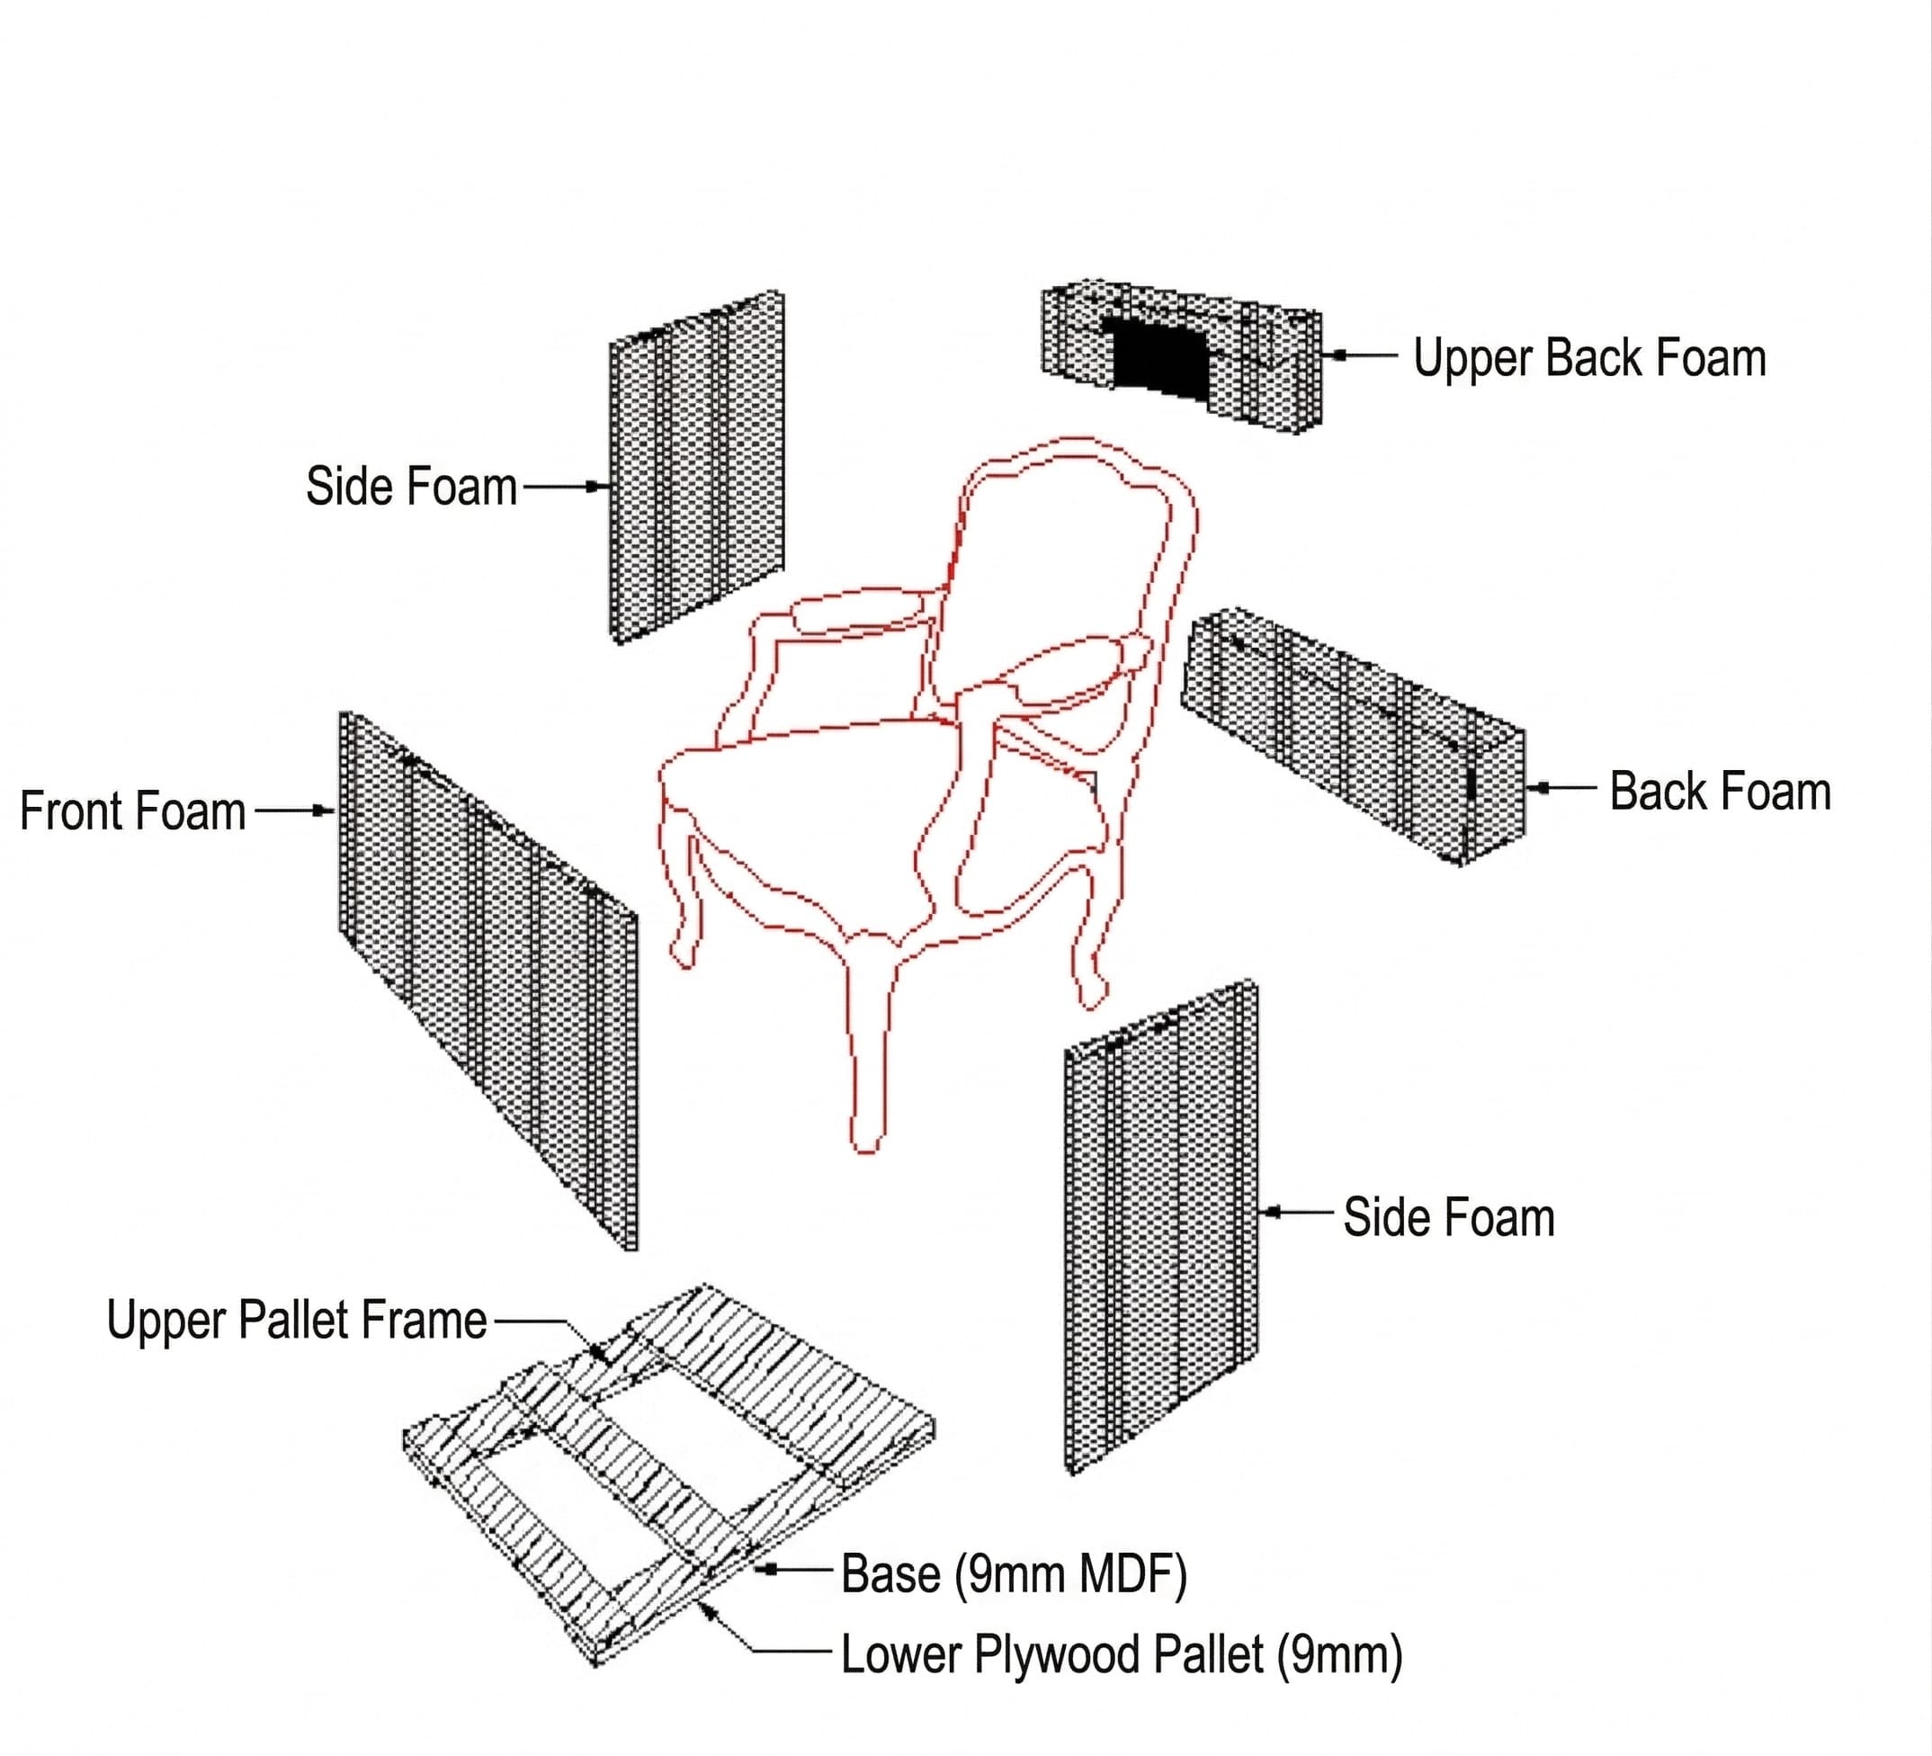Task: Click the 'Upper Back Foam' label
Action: tap(1589, 358)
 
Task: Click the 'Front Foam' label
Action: tap(133, 811)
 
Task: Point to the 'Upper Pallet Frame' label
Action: tap(296, 1320)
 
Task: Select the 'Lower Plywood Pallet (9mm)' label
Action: tap(1122, 1653)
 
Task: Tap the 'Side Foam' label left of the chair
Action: tap(411, 486)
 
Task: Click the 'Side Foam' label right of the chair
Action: tap(1448, 1217)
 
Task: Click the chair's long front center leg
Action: tap(867, 1054)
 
